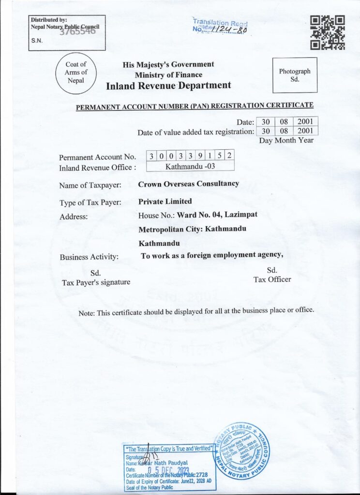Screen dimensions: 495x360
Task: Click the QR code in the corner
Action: (x=328, y=32)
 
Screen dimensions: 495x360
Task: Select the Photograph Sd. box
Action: (x=295, y=75)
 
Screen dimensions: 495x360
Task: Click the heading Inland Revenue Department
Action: (x=168, y=86)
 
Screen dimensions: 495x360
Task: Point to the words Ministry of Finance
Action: (x=168, y=74)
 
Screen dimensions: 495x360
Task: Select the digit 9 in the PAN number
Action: (x=199, y=156)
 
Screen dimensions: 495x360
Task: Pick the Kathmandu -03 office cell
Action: (x=190, y=166)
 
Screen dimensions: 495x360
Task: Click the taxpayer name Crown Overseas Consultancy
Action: (x=188, y=184)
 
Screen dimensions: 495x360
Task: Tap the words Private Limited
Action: (x=165, y=201)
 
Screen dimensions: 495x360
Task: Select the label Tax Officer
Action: (x=272, y=279)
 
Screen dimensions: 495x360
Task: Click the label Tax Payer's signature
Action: (x=96, y=282)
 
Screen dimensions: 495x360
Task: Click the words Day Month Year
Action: (x=286, y=141)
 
